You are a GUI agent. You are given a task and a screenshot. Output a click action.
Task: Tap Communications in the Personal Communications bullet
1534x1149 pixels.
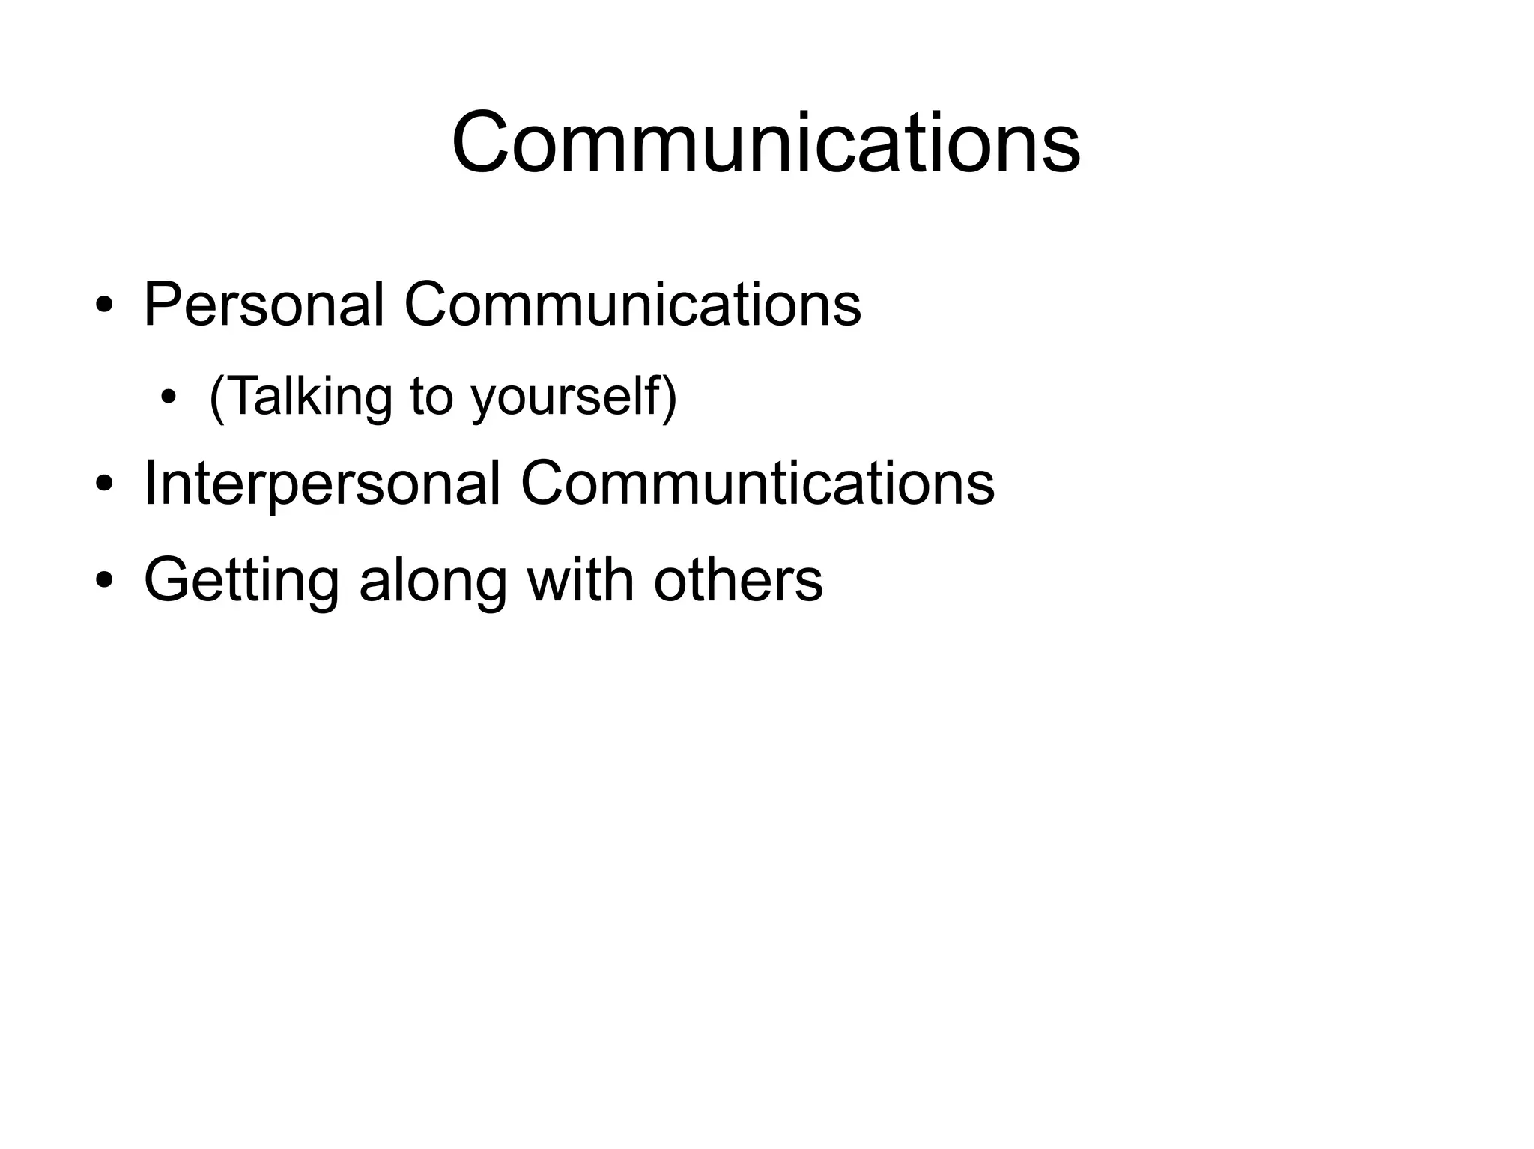coord(633,305)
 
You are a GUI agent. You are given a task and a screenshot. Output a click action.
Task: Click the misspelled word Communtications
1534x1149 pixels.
coord(757,484)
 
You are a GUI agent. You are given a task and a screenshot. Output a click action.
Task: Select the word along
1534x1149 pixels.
coord(433,580)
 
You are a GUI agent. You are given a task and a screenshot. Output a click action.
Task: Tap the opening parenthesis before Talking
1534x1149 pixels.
coord(216,398)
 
